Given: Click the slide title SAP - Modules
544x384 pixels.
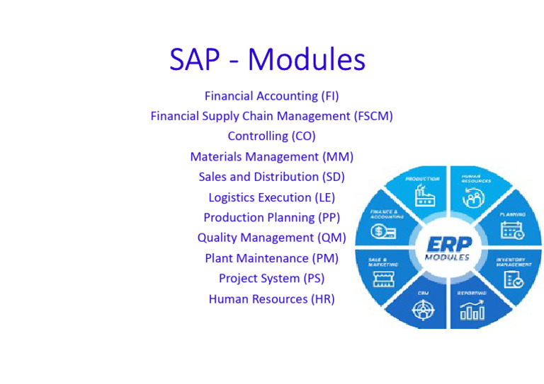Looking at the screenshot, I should click(x=267, y=59).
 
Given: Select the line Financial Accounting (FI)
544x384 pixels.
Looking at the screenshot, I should click(x=271, y=95).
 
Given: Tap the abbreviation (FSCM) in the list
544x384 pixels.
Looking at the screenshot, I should click(x=373, y=116).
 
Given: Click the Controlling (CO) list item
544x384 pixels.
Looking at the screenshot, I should click(x=271, y=136).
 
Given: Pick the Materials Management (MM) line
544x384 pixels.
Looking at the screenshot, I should click(x=271, y=156).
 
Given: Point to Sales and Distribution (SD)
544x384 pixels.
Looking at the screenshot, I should click(x=271, y=177).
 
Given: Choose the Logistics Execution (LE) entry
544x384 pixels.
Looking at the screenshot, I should click(x=271, y=197).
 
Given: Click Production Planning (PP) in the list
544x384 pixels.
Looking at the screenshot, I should click(x=271, y=217).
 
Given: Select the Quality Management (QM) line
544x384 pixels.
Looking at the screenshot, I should click(x=271, y=238).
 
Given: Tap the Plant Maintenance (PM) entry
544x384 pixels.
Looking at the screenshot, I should click(x=271, y=258).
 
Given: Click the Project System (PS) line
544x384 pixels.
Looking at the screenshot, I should click(x=271, y=279).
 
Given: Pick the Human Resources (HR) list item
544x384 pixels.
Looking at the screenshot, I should click(x=271, y=299).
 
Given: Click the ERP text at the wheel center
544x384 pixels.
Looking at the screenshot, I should click(x=448, y=244).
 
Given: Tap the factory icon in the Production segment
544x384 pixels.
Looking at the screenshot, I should click(x=425, y=196).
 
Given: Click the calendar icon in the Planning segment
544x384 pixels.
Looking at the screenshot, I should click(x=511, y=230).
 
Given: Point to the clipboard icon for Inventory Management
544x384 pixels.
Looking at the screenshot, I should click(x=513, y=279).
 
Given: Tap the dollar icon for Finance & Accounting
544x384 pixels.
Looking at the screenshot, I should click(x=384, y=231).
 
